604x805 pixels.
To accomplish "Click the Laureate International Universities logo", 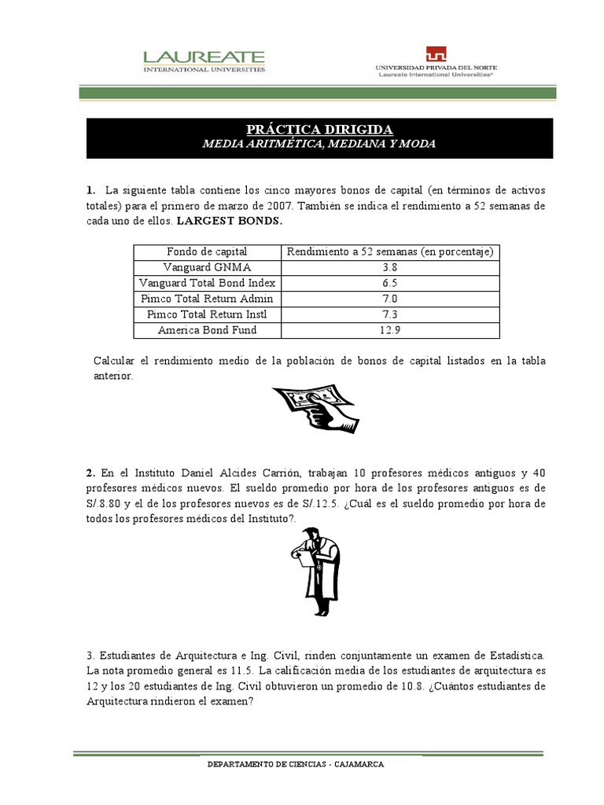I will (x=203, y=61).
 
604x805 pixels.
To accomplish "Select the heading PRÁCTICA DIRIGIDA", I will (x=319, y=130).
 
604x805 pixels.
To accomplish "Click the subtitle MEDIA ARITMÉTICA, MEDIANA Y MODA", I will (x=319, y=145).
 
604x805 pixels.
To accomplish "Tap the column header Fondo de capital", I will (x=207, y=252).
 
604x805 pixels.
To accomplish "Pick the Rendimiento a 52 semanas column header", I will (x=390, y=252).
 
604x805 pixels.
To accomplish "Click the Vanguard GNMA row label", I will (x=207, y=267).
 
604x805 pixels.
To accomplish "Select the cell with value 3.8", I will (x=390, y=267).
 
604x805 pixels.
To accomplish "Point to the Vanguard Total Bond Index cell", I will (x=207, y=283).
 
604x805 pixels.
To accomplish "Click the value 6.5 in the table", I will (x=390, y=283).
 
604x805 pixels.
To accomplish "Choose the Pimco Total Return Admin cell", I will (x=207, y=299).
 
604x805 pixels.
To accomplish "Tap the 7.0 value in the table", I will (x=390, y=299).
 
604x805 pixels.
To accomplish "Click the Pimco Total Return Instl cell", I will (x=207, y=314).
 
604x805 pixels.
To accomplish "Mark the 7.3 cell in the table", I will (x=390, y=314).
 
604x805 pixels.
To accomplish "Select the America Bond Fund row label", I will (x=207, y=330).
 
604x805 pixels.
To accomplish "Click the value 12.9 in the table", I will (x=390, y=330).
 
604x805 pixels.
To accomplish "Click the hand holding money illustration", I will (x=315, y=408).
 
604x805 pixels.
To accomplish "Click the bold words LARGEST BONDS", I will (x=229, y=221).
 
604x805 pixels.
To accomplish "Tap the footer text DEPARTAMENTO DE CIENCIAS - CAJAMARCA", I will (x=295, y=765).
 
